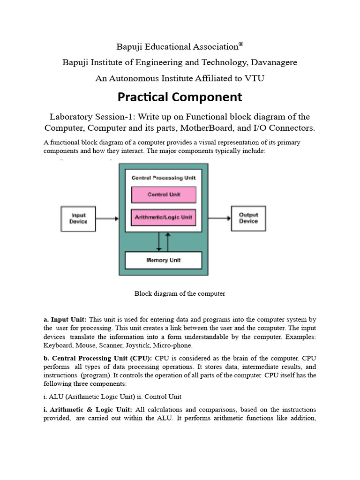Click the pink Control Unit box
(x=164, y=195)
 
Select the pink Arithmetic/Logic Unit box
(x=164, y=217)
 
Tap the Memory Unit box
(x=163, y=260)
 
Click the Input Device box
(x=78, y=218)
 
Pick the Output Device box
(x=248, y=218)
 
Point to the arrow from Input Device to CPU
(x=107, y=218)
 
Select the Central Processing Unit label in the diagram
(x=164, y=178)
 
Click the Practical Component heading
(x=180, y=97)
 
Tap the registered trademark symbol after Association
(x=240, y=45)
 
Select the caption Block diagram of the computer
(x=180, y=293)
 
